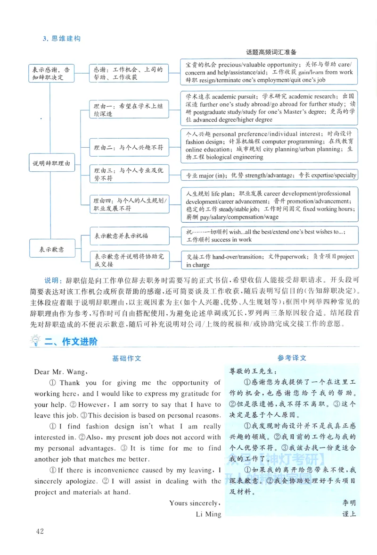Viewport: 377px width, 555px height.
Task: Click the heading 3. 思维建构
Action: click(x=61, y=38)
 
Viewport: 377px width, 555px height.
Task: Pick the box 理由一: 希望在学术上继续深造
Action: click(x=128, y=110)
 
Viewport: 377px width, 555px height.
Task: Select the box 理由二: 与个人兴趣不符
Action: click(x=128, y=148)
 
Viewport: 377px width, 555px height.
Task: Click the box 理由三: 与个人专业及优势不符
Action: click(x=128, y=174)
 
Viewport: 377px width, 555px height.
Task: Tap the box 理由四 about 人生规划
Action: click(x=128, y=204)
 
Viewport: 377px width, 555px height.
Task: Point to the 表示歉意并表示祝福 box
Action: click(x=128, y=235)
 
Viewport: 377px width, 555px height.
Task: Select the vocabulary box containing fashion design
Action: click(x=269, y=145)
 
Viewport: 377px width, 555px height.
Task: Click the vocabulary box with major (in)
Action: click(x=269, y=175)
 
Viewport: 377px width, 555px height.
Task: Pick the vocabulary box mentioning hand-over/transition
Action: click(x=269, y=261)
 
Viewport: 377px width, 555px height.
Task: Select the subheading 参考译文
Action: click(x=292, y=358)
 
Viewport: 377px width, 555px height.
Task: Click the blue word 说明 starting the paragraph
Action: click(x=50, y=280)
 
